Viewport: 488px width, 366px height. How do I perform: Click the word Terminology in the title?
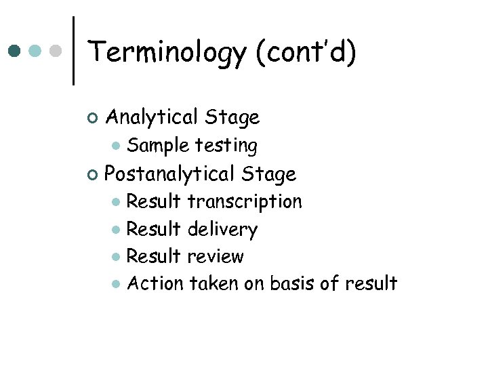pyautogui.click(x=167, y=53)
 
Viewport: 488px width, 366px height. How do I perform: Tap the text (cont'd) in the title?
pyautogui.click(x=305, y=53)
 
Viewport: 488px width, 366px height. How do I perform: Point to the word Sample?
pyautogui.click(x=158, y=146)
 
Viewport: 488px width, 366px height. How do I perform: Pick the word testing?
pyautogui.click(x=226, y=146)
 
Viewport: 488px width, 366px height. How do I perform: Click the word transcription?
pyautogui.click(x=245, y=202)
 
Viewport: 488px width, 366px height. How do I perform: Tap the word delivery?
pyautogui.click(x=222, y=230)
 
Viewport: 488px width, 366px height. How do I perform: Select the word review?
pyautogui.click(x=215, y=257)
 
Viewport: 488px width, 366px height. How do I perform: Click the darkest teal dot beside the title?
pyautogui.click(x=14, y=51)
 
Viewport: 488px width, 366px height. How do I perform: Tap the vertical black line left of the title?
pyautogui.click(x=73, y=51)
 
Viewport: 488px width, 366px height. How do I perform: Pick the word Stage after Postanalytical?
pyautogui.click(x=268, y=174)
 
